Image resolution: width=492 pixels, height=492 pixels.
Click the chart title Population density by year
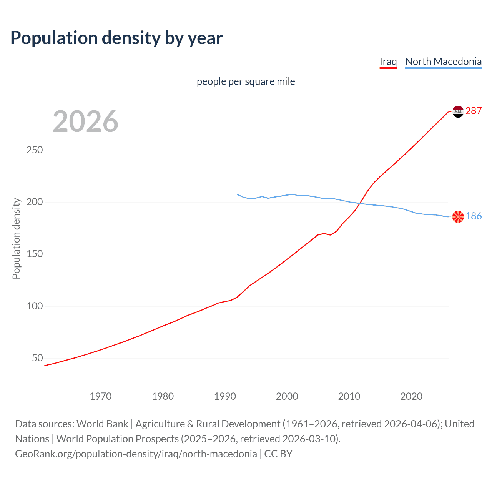click(116, 38)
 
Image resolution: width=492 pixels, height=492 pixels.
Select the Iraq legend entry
click(388, 61)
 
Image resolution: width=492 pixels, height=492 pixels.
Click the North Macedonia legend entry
click(443, 61)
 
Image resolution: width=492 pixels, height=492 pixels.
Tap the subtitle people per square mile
click(246, 81)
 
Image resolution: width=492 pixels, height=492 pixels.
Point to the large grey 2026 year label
click(85, 121)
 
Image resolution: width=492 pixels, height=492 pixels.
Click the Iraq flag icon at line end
click(458, 111)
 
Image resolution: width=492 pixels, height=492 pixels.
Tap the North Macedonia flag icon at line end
click(458, 217)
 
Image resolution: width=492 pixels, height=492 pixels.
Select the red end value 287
click(473, 111)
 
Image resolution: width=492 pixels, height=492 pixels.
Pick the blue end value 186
click(474, 216)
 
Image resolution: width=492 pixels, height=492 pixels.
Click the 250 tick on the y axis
click(35, 150)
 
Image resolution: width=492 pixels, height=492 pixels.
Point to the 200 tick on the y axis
click(35, 202)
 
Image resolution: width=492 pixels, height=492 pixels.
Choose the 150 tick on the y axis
click(35, 254)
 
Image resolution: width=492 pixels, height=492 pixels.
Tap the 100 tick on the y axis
click(35, 306)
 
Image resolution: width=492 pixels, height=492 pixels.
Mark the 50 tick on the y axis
click(37, 358)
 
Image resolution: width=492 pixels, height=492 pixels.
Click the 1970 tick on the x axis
click(101, 396)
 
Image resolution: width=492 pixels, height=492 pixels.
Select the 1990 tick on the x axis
click(225, 396)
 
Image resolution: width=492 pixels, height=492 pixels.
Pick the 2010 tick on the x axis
click(349, 396)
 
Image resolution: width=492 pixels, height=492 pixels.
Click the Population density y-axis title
click(16, 238)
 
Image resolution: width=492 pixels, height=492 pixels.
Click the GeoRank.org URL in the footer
click(136, 454)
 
